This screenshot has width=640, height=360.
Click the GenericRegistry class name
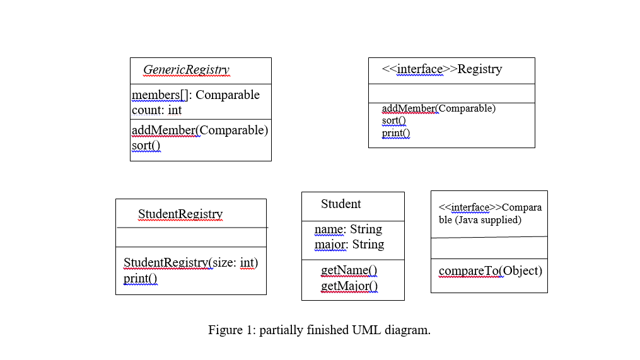[186, 70]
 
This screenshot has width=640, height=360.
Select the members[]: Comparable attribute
[195, 95]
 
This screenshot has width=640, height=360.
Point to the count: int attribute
[156, 110]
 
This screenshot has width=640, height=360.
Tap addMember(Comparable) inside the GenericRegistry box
[200, 131]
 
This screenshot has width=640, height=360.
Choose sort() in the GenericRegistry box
[146, 146]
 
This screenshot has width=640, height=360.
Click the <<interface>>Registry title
[441, 69]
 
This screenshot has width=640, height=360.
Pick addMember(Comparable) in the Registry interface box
[438, 108]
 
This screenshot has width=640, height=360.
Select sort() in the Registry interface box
[393, 120]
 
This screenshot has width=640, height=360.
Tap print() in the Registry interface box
[395, 133]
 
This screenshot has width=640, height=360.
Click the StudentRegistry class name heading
[180, 214]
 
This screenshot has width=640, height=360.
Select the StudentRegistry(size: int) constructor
[190, 263]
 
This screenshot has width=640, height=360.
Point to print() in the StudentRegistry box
[140, 279]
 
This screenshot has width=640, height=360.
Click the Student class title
[340, 204]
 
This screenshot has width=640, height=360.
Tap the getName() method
[349, 271]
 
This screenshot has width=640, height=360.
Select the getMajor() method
[349, 287]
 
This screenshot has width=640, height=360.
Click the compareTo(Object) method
[490, 271]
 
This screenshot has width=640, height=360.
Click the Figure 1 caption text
[319, 330]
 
